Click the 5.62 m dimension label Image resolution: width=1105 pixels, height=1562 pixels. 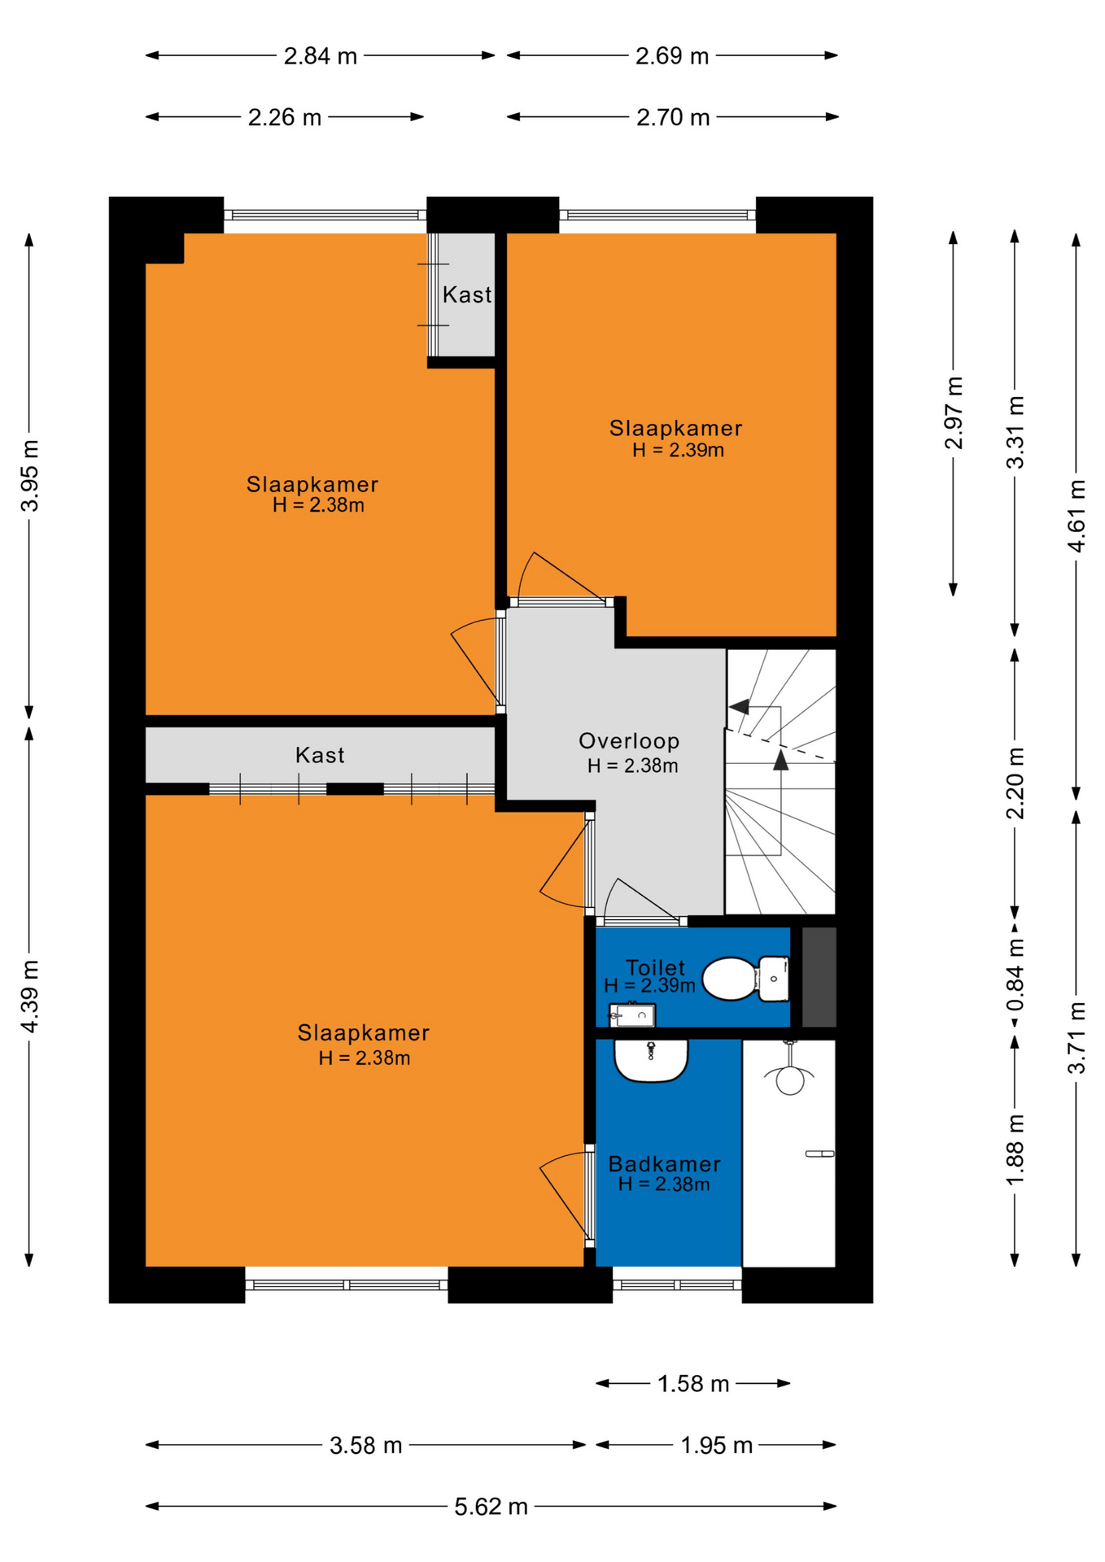click(x=491, y=1507)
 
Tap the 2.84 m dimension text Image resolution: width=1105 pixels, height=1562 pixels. click(x=320, y=56)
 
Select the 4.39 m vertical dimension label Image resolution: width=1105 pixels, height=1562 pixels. click(x=30, y=996)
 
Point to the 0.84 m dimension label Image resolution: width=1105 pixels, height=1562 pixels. click(x=1015, y=974)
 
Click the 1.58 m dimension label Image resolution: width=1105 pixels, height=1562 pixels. click(x=693, y=1384)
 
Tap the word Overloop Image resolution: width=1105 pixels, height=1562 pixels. click(x=629, y=741)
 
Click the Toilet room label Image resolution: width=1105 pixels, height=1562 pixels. click(x=655, y=967)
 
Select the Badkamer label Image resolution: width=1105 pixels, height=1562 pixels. click(x=665, y=1163)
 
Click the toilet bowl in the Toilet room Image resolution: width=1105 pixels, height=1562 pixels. click(x=745, y=979)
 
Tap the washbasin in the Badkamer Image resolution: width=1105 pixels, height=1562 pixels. click(x=651, y=1061)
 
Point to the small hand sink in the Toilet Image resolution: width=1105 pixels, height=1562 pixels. click(x=632, y=1015)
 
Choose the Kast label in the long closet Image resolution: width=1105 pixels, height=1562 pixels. click(x=320, y=756)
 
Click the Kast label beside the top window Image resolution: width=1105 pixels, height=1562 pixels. click(x=467, y=295)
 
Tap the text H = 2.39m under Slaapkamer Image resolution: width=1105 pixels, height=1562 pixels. click(x=678, y=450)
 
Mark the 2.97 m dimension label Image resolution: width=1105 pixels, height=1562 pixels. click(x=954, y=412)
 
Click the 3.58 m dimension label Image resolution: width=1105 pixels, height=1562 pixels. click(x=366, y=1446)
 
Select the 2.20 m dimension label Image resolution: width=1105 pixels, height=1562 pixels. click(x=1015, y=783)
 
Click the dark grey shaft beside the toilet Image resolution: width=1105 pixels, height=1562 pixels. click(x=819, y=977)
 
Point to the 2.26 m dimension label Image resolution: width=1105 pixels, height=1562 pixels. click(x=285, y=118)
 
